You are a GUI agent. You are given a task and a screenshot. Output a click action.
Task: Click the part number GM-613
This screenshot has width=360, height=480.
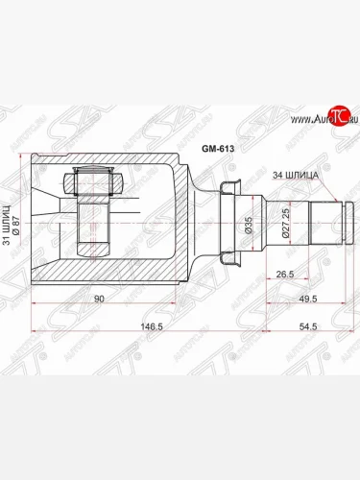pos(218,149)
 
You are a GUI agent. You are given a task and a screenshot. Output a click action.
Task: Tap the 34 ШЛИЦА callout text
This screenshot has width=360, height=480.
pos(295,175)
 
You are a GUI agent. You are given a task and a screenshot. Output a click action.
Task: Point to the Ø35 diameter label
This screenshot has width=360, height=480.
pos(249,225)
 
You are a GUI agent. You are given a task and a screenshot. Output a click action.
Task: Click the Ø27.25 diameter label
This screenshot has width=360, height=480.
pos(285,223)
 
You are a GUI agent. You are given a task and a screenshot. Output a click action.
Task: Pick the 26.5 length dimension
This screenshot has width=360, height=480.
pos(285,275)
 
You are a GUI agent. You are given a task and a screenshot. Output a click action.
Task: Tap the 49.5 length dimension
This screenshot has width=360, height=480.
pos(308,299)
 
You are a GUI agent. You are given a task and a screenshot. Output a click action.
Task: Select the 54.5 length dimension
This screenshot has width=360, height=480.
pos(308,326)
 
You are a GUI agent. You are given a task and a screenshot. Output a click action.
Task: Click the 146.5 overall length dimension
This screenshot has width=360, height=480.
pos(152,326)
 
